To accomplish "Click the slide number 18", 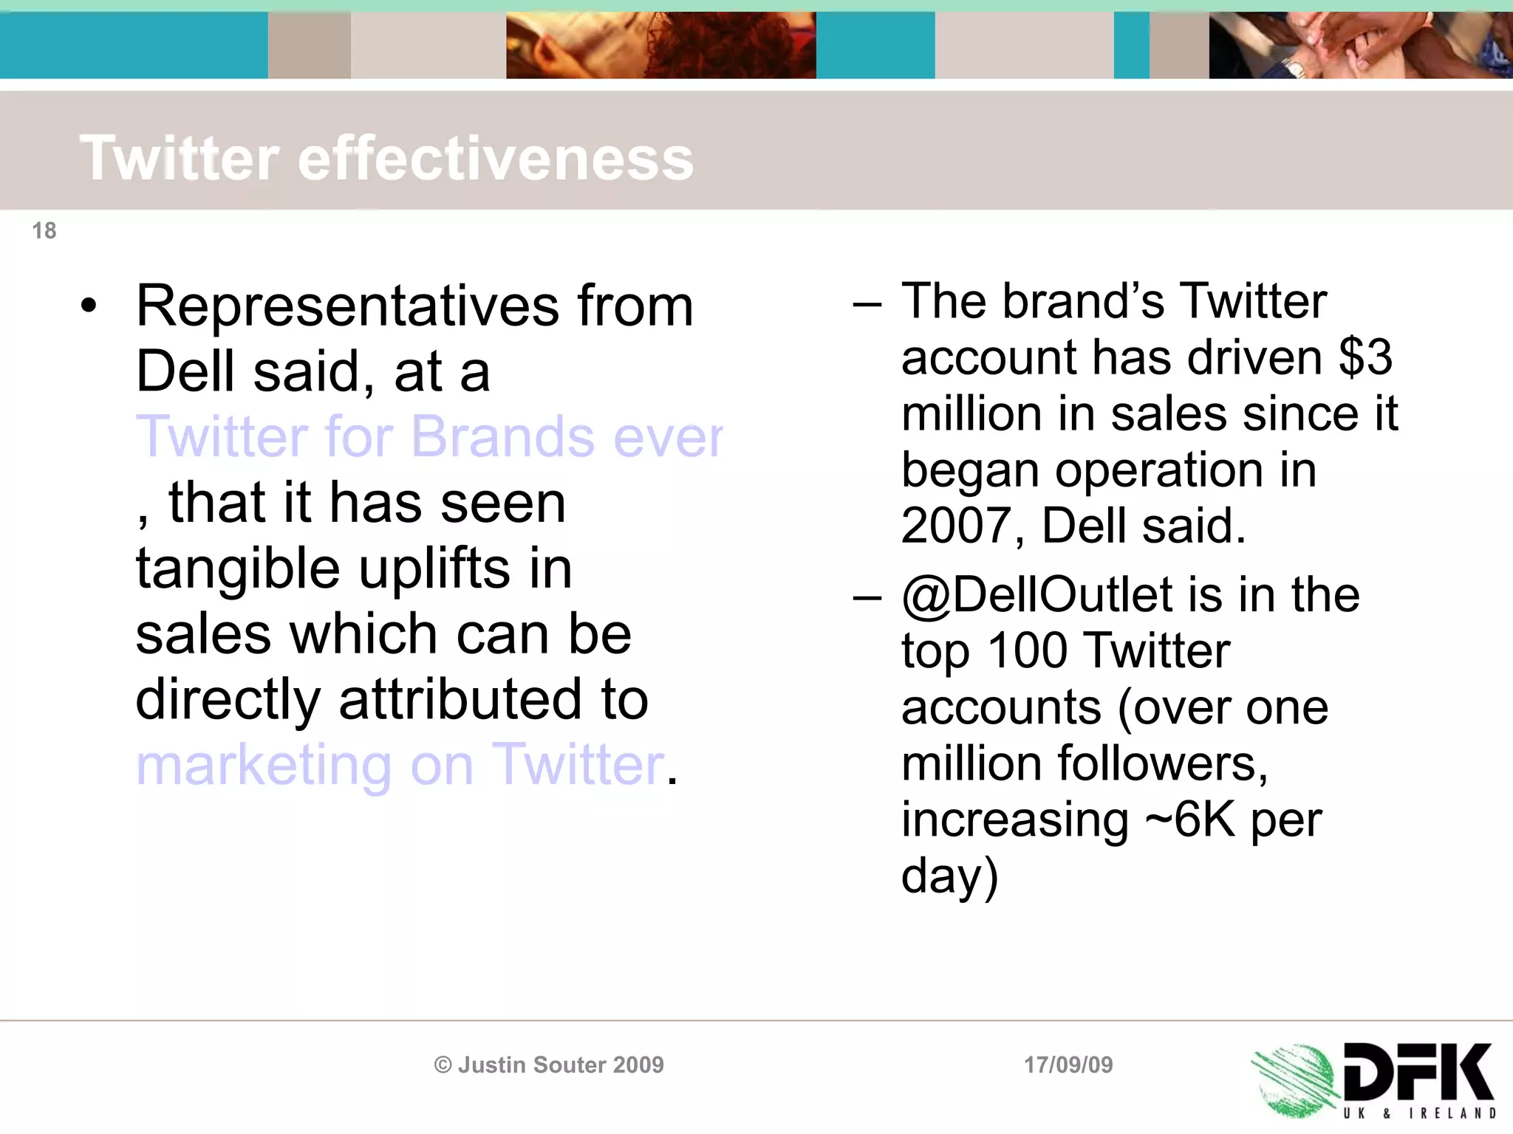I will (x=44, y=231).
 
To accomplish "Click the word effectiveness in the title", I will (x=496, y=159).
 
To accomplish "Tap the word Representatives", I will (x=347, y=306).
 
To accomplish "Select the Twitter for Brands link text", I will (x=429, y=437).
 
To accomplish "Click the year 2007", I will (x=957, y=526).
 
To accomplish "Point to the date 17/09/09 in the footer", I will (x=1068, y=1065).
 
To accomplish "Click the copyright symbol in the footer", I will (x=443, y=1065).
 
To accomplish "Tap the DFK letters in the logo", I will (x=1417, y=1072).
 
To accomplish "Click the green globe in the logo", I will (x=1294, y=1079).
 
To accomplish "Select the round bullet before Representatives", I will (x=89, y=306).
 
